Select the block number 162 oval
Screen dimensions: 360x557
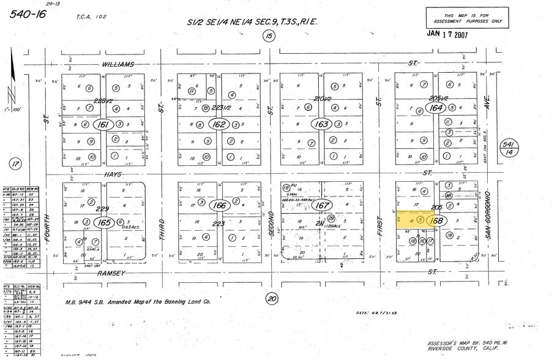[x=217, y=124]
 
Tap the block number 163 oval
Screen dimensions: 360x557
[x=320, y=124]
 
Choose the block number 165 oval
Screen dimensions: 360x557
[x=104, y=222]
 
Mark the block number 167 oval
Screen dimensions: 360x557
[x=322, y=206]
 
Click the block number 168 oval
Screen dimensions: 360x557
[x=436, y=220]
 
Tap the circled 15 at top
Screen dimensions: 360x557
[x=268, y=37]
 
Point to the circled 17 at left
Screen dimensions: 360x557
[x=15, y=163]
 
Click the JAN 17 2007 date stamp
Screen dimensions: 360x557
[x=446, y=35]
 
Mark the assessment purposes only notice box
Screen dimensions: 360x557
[x=467, y=17]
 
